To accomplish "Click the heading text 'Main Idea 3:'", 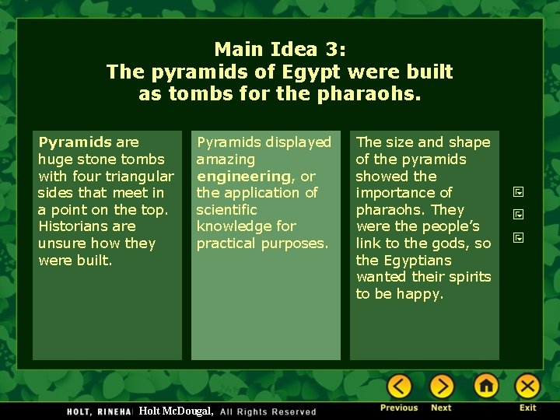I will click(280, 50).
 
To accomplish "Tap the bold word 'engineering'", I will click(243, 176).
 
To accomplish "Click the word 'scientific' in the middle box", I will click(226, 210).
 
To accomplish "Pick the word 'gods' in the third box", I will click(450, 243).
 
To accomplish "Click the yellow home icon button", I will click(485, 386).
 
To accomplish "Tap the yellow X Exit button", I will click(527, 386).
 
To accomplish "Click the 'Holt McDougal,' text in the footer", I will click(176, 411).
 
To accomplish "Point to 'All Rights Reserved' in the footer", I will click(268, 411).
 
